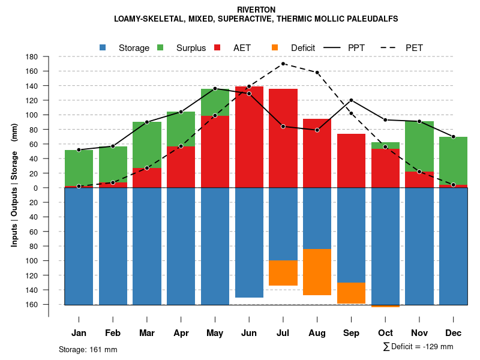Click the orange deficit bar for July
pyautogui.click(x=283, y=273)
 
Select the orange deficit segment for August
pyautogui.click(x=317, y=272)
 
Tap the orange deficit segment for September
pyautogui.click(x=351, y=293)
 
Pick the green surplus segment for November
pyautogui.click(x=419, y=146)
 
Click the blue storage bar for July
pyautogui.click(x=283, y=224)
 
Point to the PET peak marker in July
pyautogui.click(x=283, y=64)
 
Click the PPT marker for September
pyautogui.click(x=351, y=100)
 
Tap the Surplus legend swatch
pyautogui.click(x=160, y=48)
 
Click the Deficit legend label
pyautogui.click(x=303, y=48)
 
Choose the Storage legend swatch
pyautogui.click(x=103, y=48)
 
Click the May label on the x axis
pyautogui.click(x=215, y=333)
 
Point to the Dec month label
pyautogui.click(x=453, y=333)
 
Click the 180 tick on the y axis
pyautogui.click(x=32, y=57)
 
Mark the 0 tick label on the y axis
pyautogui.click(x=35, y=188)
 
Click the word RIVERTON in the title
pyautogui.click(x=256, y=10)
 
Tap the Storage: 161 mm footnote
pyautogui.click(x=88, y=349)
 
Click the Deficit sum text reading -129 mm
pyautogui.click(x=418, y=347)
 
